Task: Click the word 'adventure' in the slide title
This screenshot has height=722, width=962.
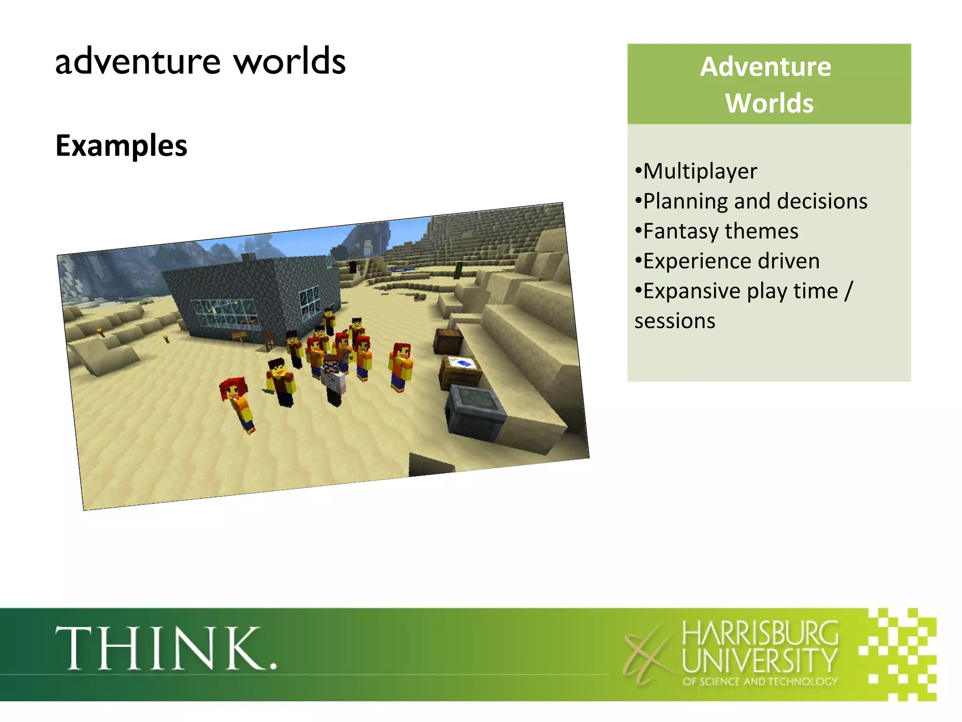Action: coord(138,62)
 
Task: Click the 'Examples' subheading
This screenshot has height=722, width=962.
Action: coord(121,145)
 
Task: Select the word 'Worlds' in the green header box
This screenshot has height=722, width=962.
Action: coord(769,103)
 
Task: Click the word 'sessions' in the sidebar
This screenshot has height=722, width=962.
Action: coord(675,321)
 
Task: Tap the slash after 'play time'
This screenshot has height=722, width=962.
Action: coord(848,291)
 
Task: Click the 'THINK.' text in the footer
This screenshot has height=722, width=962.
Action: coord(166,649)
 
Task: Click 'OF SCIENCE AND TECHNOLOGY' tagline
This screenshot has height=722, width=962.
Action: coord(760,682)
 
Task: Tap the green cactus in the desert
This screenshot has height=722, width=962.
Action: coord(458,270)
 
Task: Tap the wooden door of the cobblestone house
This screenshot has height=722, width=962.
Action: coord(270,341)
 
